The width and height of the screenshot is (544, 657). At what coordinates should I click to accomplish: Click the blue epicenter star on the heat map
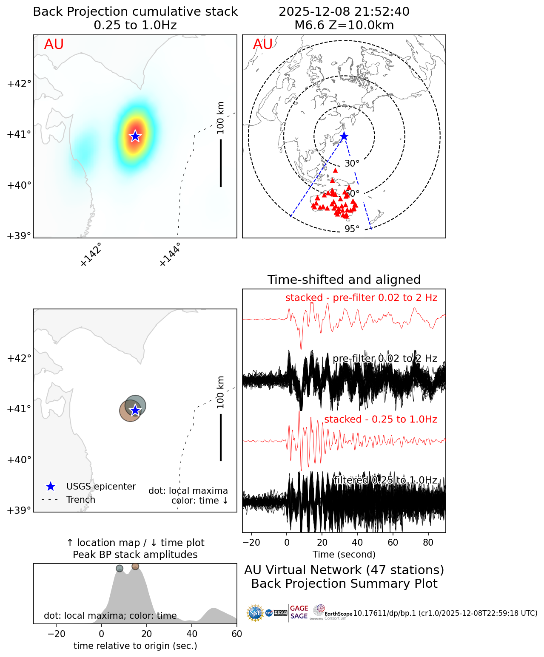click(x=135, y=136)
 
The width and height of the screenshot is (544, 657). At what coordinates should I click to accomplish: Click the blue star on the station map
click(x=344, y=136)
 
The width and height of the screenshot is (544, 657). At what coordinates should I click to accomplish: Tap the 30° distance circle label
click(x=352, y=164)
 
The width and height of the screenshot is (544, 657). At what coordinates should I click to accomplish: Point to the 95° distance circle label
click(x=352, y=229)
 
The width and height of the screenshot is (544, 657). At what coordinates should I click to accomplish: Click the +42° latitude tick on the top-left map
click(x=19, y=83)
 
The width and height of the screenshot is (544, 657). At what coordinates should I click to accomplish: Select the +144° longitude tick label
click(x=170, y=255)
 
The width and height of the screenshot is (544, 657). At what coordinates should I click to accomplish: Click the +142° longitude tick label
click(x=91, y=255)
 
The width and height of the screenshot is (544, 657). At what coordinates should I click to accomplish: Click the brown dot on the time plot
click(x=135, y=566)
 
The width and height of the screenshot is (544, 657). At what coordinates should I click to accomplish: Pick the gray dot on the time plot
click(x=120, y=569)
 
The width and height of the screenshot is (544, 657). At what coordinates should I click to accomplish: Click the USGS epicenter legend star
click(x=50, y=487)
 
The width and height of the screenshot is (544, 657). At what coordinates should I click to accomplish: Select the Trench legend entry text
click(x=81, y=500)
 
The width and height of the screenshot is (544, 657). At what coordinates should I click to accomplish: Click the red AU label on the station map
click(x=262, y=44)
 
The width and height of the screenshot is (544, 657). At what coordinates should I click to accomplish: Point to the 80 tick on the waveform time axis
click(x=428, y=543)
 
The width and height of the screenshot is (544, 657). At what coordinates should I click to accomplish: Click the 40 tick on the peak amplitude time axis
click(x=192, y=634)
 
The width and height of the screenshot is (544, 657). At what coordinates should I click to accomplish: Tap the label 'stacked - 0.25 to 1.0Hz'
click(x=381, y=419)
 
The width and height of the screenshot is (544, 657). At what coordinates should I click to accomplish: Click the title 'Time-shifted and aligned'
click(x=344, y=280)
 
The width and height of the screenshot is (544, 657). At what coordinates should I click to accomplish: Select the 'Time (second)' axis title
click(x=344, y=555)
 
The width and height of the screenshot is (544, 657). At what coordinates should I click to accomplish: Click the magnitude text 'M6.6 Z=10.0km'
click(x=344, y=25)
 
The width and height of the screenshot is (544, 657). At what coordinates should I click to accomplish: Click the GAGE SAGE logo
click(x=299, y=612)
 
